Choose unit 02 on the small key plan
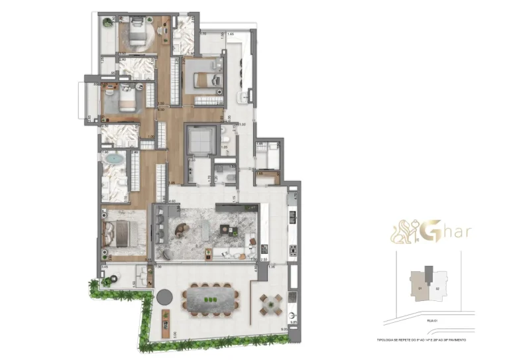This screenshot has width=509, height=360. tap(436, 288)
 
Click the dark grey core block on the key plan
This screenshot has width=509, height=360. tap(429, 272)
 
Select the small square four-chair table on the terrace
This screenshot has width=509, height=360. tap(270, 304)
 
